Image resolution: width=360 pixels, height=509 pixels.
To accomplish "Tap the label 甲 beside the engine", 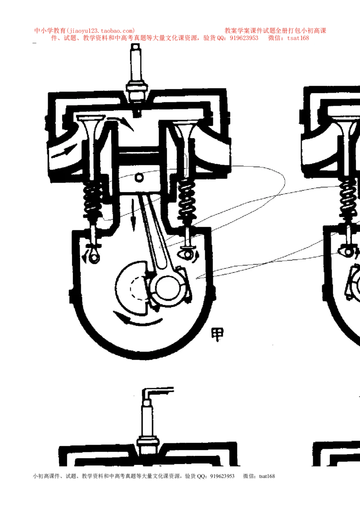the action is coord(217,335).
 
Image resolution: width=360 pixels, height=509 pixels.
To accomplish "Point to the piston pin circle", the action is coord(139,178).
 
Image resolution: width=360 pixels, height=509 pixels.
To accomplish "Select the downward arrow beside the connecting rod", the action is coord(133,214).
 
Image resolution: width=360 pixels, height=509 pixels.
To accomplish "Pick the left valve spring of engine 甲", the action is coord(93,199).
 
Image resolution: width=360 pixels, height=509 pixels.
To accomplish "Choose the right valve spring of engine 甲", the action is coord(186,199).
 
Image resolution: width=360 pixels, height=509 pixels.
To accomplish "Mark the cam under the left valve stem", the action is coord(93,257).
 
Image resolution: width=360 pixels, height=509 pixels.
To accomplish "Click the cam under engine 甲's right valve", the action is coord(187,254).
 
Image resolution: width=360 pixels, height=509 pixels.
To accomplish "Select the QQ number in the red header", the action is coord(244,38).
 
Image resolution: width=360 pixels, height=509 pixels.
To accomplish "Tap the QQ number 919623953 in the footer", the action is coord(222,476).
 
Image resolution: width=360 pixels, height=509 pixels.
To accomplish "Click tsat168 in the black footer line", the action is coord(267,476).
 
